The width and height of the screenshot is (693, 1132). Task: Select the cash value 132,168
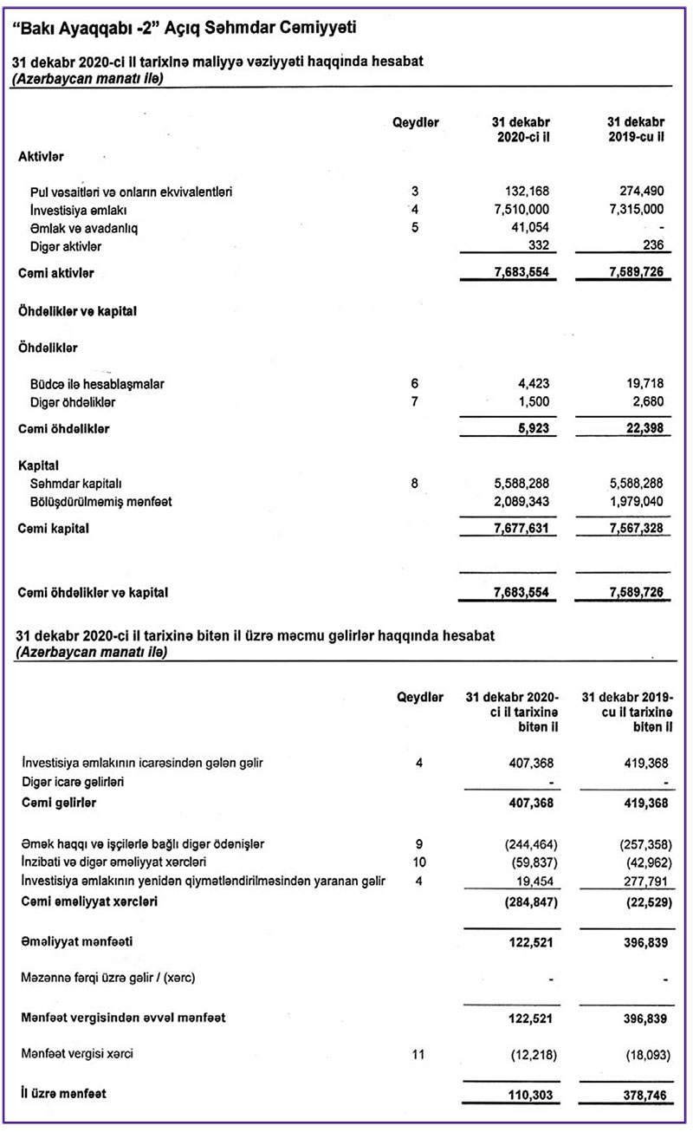pyautogui.click(x=527, y=191)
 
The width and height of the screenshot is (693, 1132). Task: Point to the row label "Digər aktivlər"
pyautogui.click(x=67, y=247)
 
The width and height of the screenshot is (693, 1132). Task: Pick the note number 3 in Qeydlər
pyautogui.click(x=416, y=191)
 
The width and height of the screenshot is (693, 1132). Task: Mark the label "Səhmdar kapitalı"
pyautogui.click(x=72, y=483)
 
